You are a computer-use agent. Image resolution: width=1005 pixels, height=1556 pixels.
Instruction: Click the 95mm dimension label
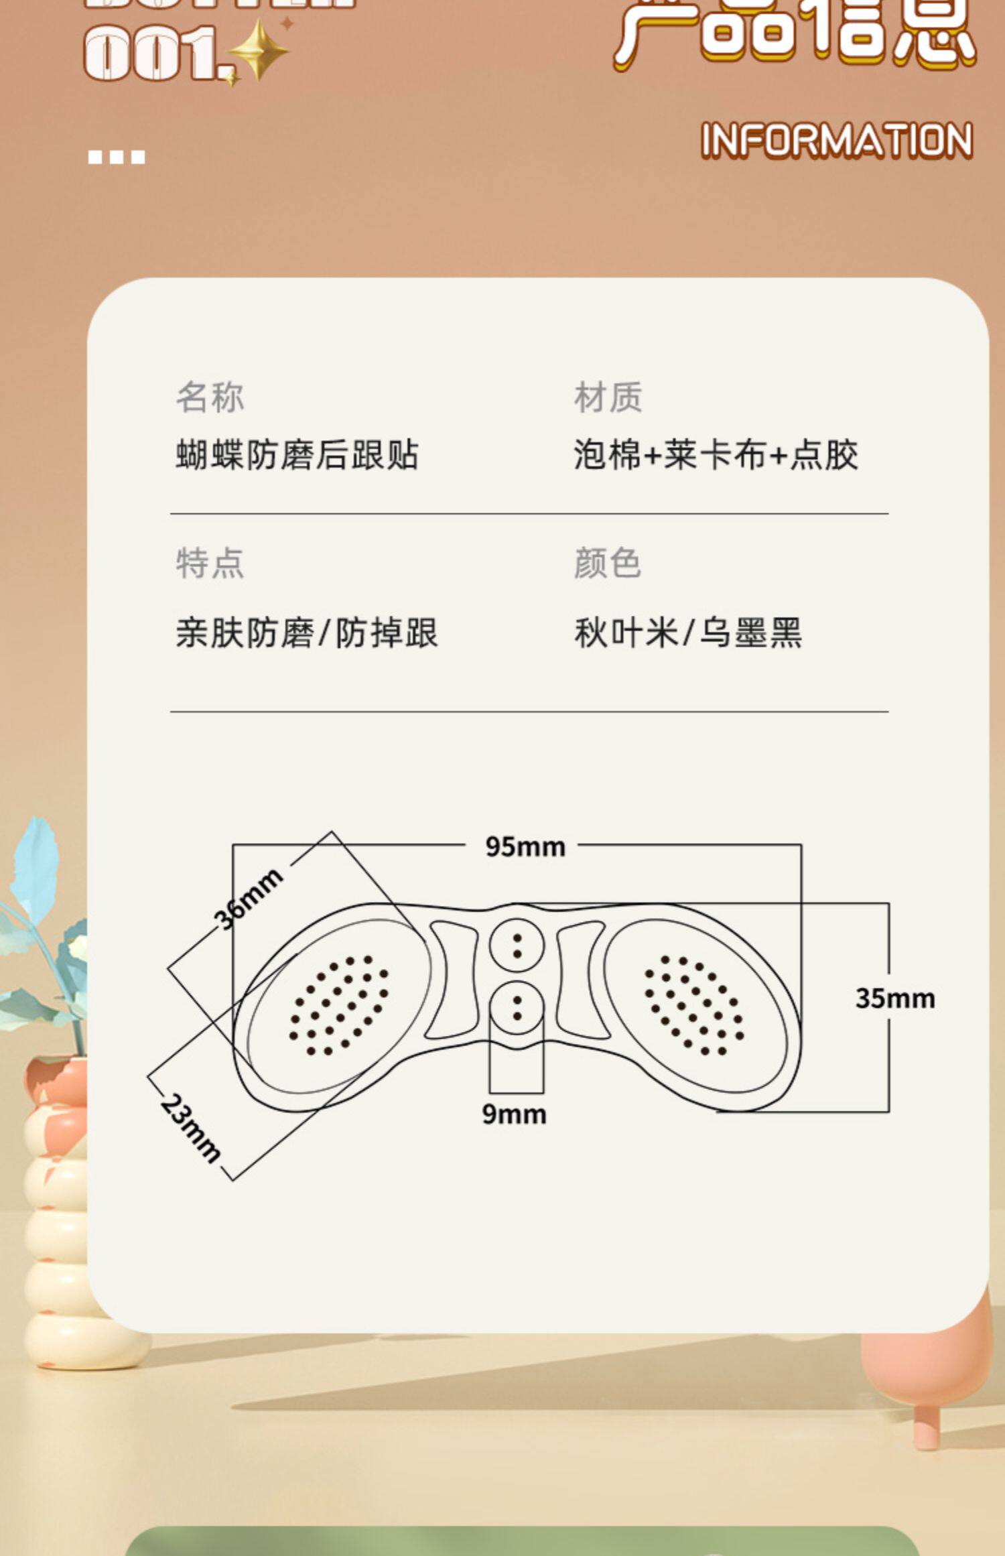point(525,847)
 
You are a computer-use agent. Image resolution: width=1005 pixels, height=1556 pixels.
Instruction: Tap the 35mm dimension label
point(894,998)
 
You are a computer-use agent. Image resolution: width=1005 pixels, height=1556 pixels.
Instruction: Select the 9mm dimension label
point(514,1114)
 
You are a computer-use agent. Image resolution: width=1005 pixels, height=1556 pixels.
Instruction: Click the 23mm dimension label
point(190,1127)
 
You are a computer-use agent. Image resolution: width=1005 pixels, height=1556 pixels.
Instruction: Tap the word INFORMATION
point(836,141)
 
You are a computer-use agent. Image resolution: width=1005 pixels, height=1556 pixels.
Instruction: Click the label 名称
point(210,397)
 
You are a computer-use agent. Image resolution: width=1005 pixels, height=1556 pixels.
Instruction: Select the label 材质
point(608,397)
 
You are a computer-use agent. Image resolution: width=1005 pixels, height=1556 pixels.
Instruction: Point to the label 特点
point(210,563)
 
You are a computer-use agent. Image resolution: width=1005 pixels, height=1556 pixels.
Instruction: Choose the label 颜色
point(608,563)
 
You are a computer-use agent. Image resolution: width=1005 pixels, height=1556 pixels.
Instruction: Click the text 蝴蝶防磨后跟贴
point(297,455)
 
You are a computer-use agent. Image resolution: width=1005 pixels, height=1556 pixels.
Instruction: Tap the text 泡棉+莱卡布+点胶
point(716,455)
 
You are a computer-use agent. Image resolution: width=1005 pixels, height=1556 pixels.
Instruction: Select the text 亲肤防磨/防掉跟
point(306,633)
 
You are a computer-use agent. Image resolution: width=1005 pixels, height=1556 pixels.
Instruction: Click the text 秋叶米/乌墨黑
point(687,633)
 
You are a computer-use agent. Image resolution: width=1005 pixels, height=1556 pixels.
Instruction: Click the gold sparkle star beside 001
point(259,50)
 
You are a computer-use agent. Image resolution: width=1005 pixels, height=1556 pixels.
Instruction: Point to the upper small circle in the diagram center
point(517,946)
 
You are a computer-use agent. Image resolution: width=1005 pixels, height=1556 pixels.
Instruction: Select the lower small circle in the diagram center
point(517,1009)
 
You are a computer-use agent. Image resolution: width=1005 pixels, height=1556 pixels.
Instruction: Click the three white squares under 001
point(117,157)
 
